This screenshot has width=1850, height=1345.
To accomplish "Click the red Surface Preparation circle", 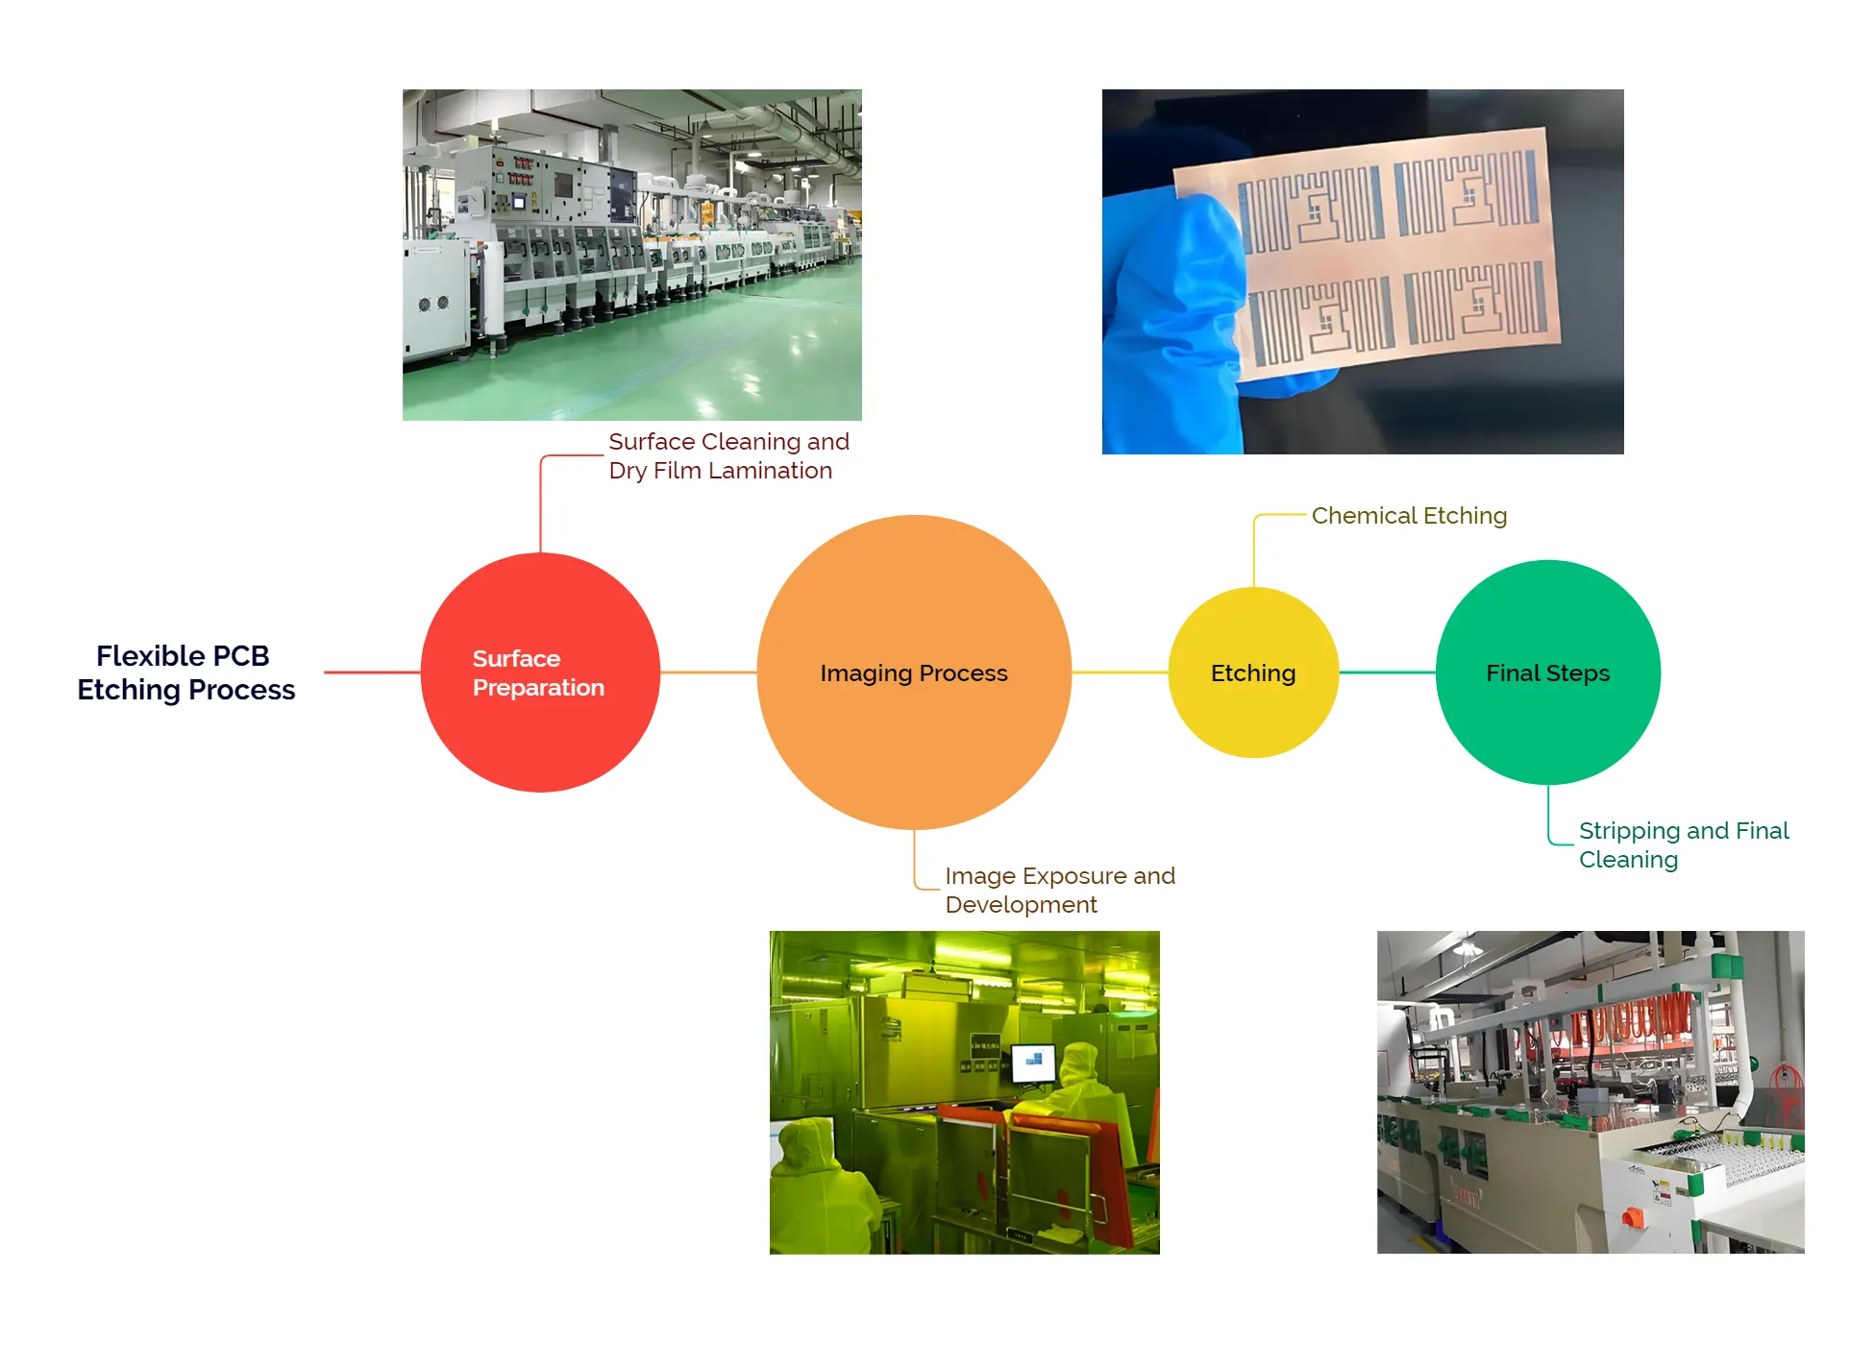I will (x=540, y=730).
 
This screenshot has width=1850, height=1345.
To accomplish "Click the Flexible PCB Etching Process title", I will (x=185, y=672).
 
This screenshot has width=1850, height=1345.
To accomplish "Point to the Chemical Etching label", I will (x=1409, y=516).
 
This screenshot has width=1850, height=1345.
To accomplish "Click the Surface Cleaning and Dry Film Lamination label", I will (x=728, y=455).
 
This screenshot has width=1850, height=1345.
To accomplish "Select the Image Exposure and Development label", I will (x=1059, y=890).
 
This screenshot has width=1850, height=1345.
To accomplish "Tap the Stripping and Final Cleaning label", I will (x=1683, y=844).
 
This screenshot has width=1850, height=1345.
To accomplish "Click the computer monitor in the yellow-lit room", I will (x=1034, y=1062).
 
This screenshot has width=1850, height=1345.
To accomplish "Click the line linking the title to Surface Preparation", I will (x=372, y=672).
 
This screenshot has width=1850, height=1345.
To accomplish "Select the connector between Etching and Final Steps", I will (x=1387, y=672).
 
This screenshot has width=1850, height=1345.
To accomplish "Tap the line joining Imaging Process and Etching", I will (x=1120, y=672).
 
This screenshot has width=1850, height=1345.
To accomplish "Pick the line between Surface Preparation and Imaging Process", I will (x=708, y=672).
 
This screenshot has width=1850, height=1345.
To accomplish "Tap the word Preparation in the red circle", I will (x=538, y=688).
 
